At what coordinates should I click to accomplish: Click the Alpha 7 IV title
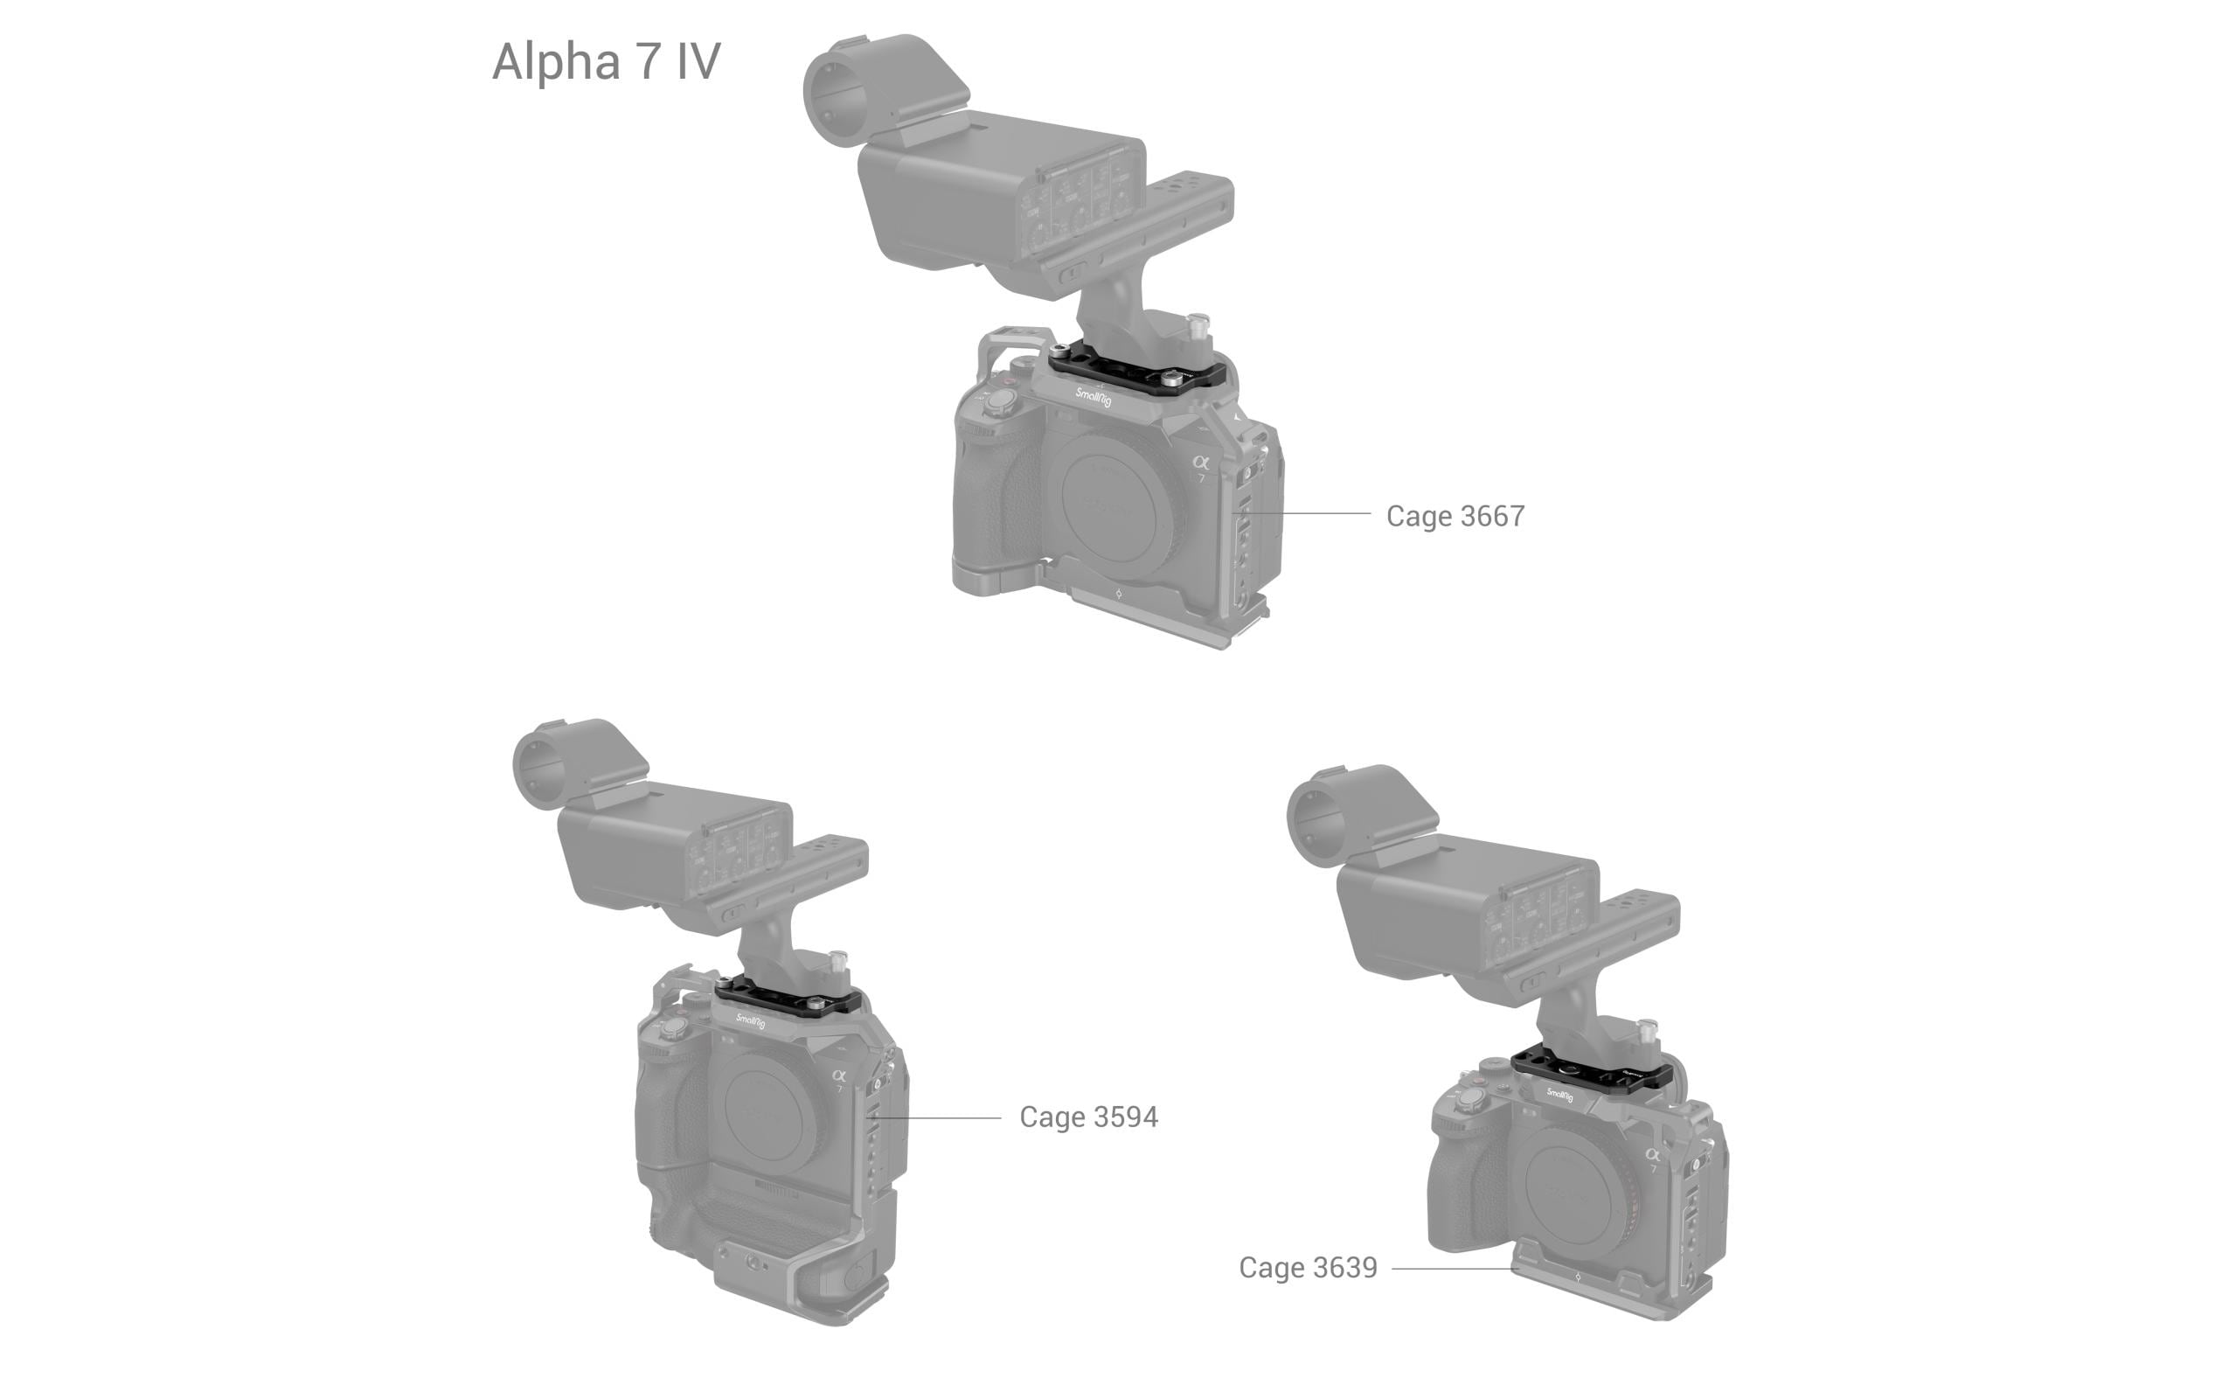click(x=607, y=62)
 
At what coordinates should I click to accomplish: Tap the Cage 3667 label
click(x=1455, y=516)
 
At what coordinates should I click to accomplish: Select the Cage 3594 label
click(x=1088, y=1117)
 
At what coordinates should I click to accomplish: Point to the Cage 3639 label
click(x=1308, y=1267)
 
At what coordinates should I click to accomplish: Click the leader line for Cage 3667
click(x=1306, y=512)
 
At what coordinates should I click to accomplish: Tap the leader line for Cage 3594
click(x=936, y=1117)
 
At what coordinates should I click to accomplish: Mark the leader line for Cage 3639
click(x=1455, y=1268)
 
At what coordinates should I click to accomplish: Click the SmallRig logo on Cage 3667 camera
click(x=1093, y=398)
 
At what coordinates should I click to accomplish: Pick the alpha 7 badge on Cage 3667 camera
click(x=1199, y=467)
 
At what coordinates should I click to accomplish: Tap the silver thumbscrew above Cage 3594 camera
click(x=838, y=961)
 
